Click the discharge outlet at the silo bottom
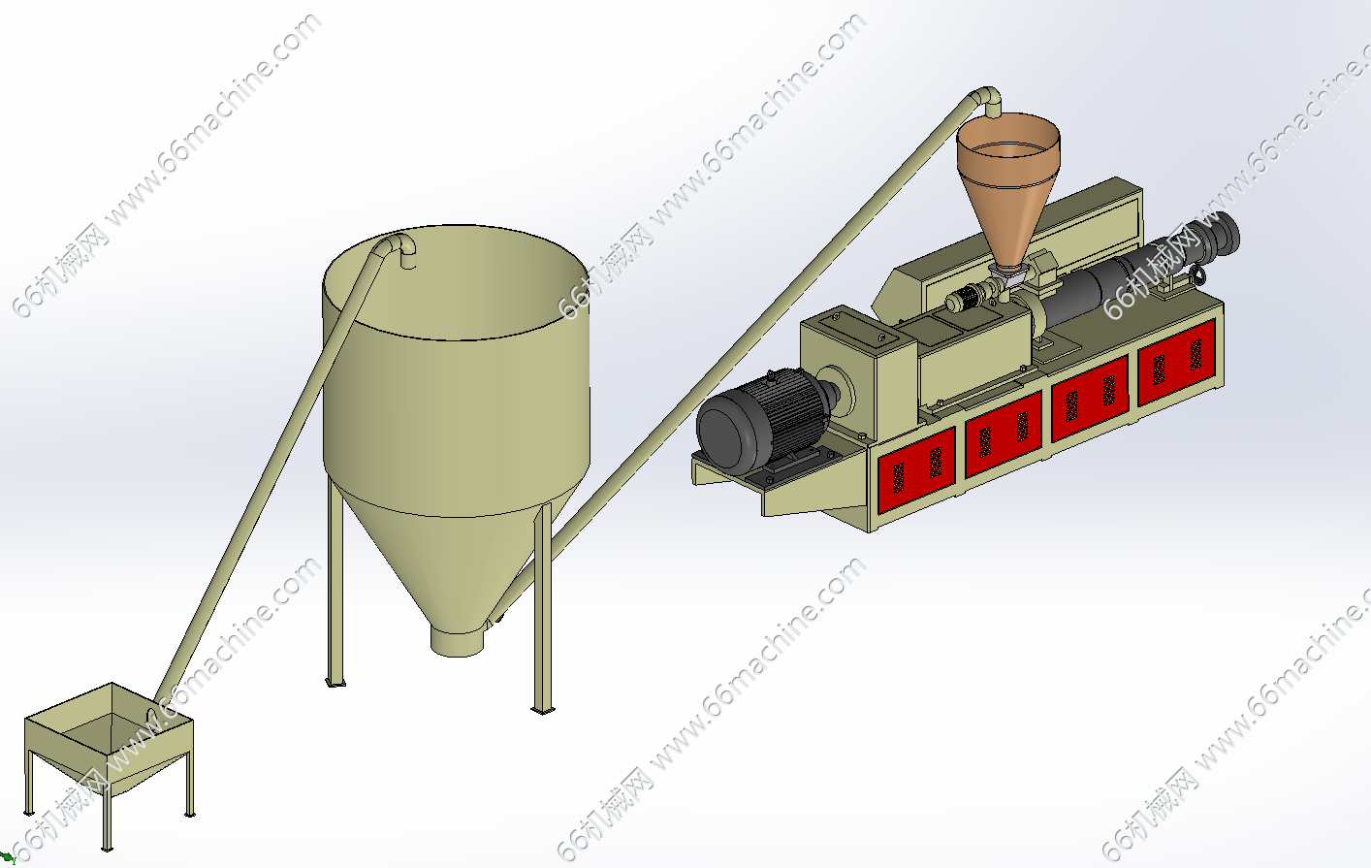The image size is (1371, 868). pos(457,640)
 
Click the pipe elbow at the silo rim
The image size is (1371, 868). pos(400,248)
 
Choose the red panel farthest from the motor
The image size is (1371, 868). pos(1176,361)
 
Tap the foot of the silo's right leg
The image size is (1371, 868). pos(542,710)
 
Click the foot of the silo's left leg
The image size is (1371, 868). pos(335,683)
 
